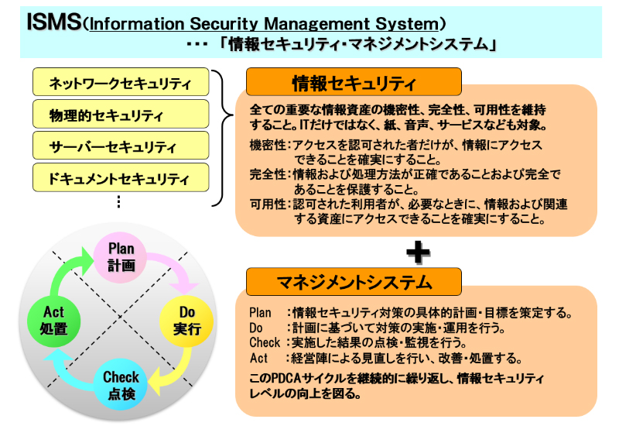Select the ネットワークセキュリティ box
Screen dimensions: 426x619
point(121,81)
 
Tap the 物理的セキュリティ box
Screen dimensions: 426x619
point(121,114)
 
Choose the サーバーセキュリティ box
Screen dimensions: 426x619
point(121,146)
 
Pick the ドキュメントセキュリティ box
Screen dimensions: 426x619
point(121,178)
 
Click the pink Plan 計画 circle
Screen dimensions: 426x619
point(121,256)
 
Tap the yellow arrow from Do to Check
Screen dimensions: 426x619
point(175,369)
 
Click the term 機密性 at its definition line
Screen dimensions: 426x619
point(268,146)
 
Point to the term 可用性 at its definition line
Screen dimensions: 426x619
point(268,204)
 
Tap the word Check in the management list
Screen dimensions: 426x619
point(265,342)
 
